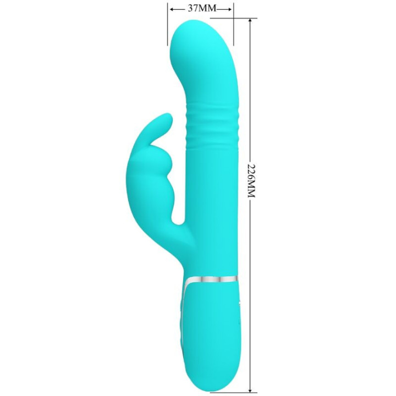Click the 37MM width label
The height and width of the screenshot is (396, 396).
pyautogui.click(x=201, y=9)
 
